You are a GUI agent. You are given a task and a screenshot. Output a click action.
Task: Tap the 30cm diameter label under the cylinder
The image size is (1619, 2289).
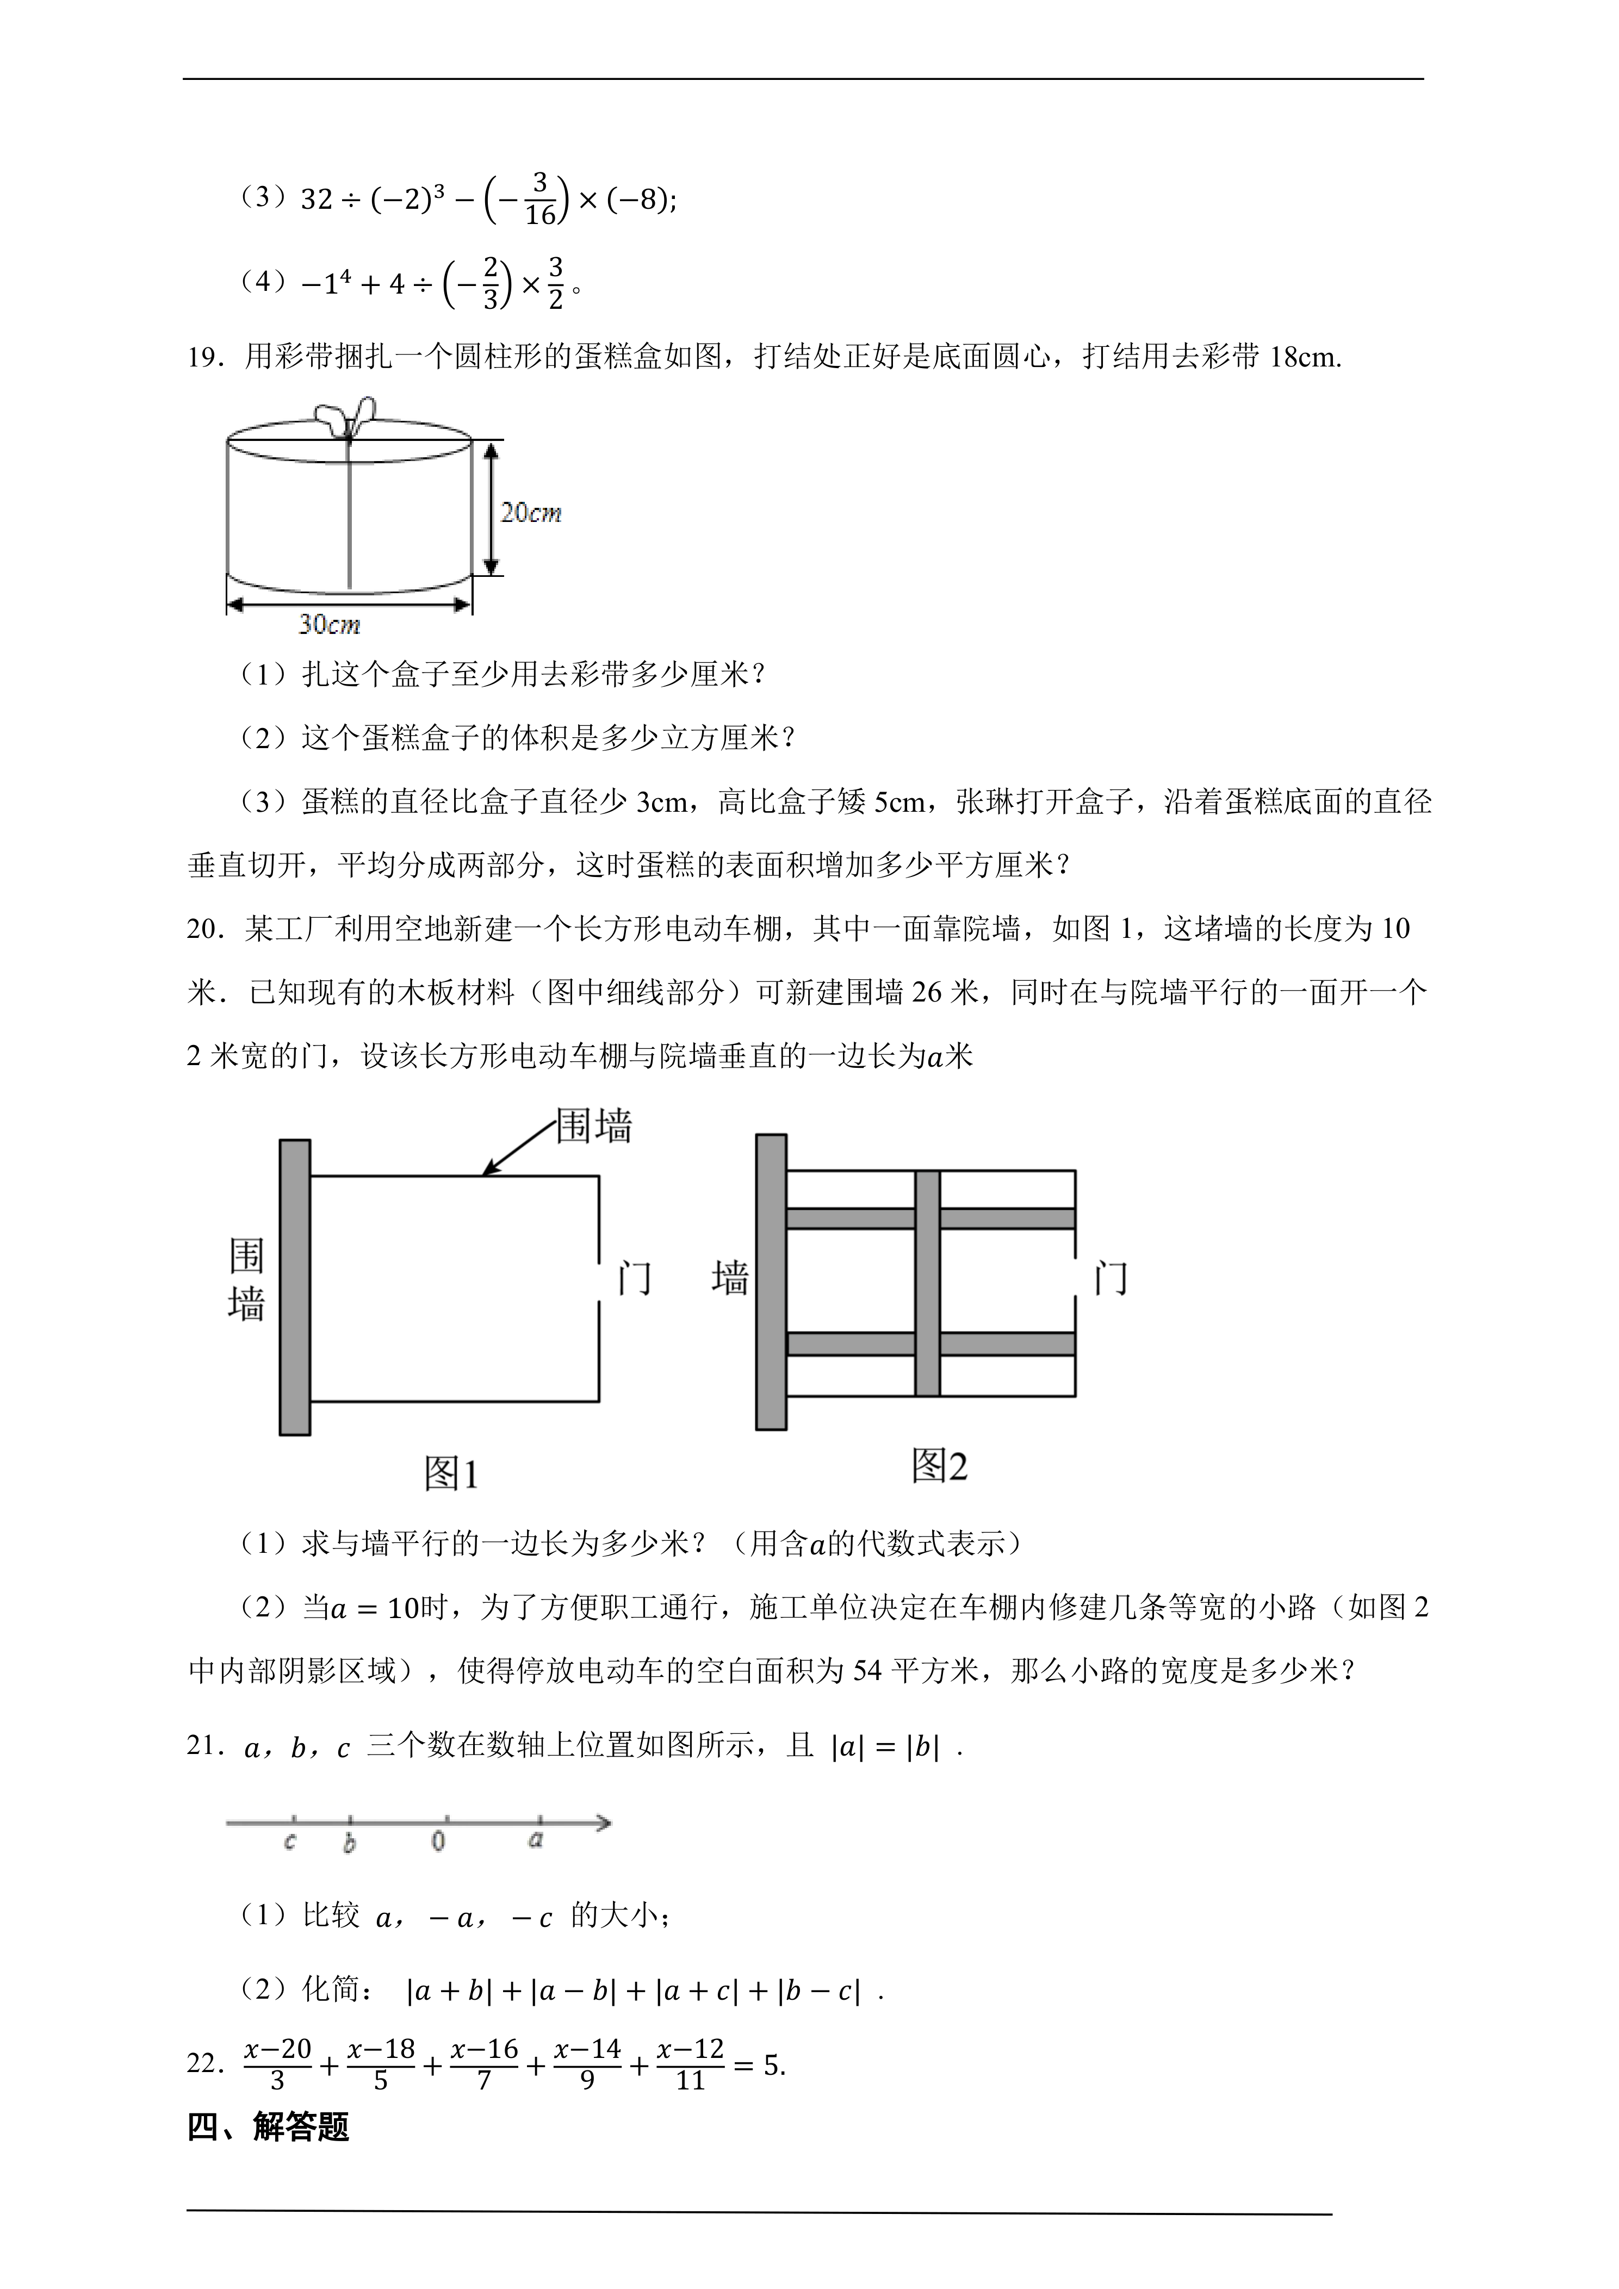pyautogui.click(x=329, y=625)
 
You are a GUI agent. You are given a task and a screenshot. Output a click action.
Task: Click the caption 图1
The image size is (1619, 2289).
pyautogui.click(x=451, y=1473)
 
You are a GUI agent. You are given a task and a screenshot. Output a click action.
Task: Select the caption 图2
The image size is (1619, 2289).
pyautogui.click(x=939, y=1465)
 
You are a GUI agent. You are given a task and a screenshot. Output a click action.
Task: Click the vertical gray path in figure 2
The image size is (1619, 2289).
pyautogui.click(x=927, y=1283)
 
